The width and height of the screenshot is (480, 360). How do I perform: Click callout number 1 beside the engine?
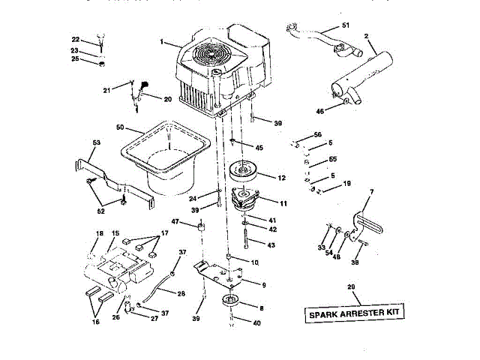point(162,42)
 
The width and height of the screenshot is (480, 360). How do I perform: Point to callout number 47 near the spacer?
point(175,222)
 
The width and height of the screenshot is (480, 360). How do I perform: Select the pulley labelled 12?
point(244,170)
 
